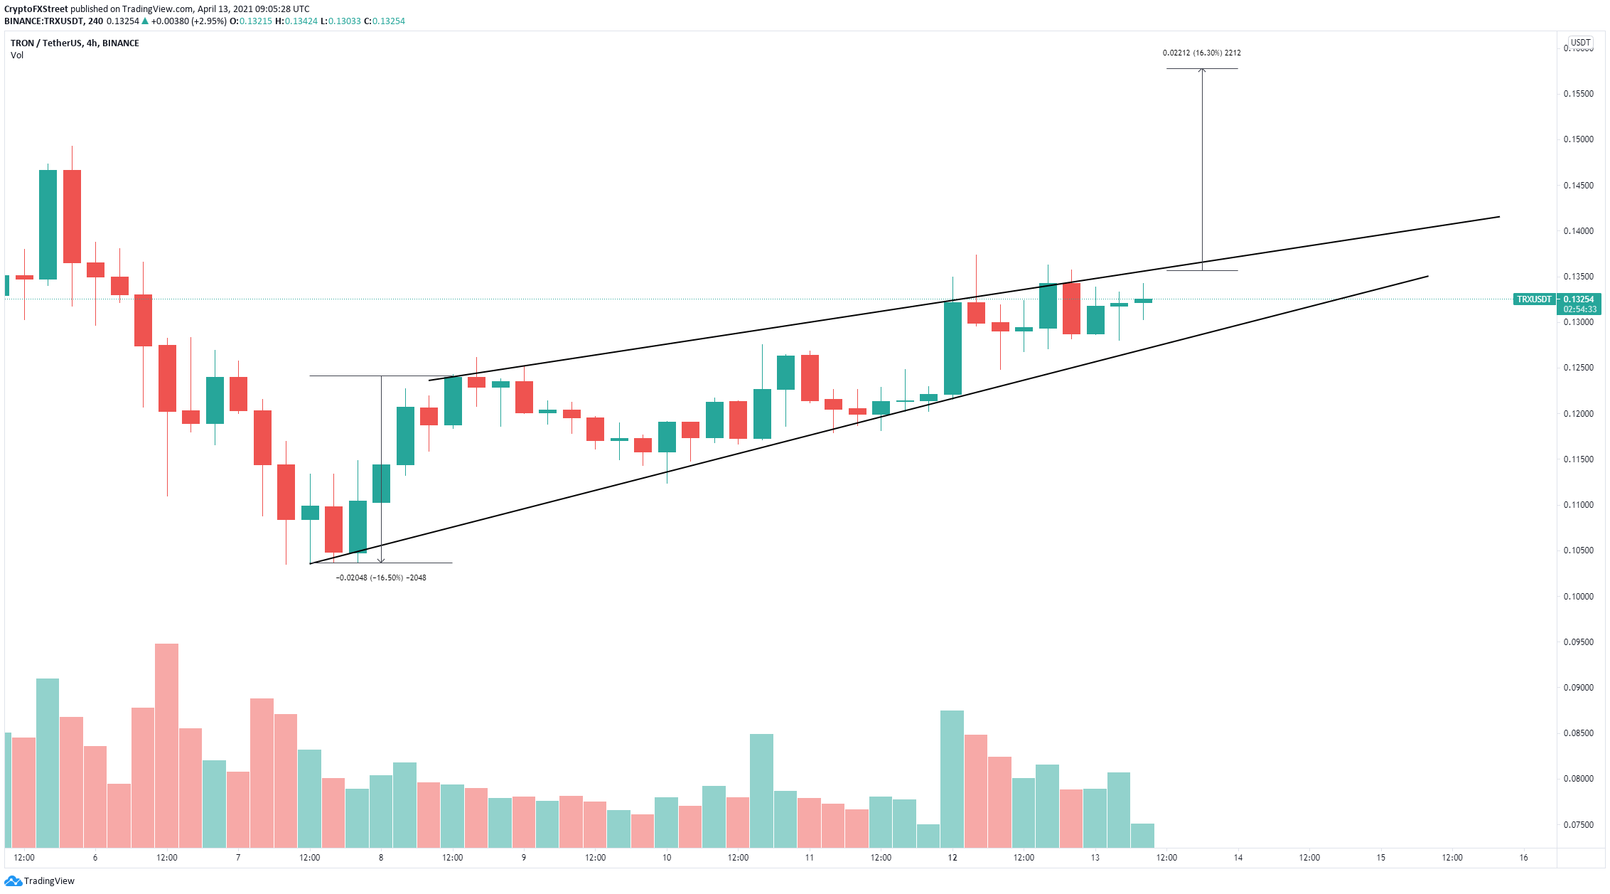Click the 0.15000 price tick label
pyautogui.click(x=1578, y=139)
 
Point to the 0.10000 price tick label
pyautogui.click(x=1578, y=597)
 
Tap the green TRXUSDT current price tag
pyautogui.click(x=1534, y=299)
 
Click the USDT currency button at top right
pyautogui.click(x=1580, y=43)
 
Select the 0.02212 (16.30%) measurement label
pyautogui.click(x=1201, y=53)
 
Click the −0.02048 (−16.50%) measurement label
pyautogui.click(x=381, y=578)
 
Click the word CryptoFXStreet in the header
pyautogui.click(x=36, y=9)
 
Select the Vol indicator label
pyautogui.click(x=17, y=55)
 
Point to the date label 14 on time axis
pyautogui.click(x=1238, y=858)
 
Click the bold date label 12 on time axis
pyautogui.click(x=952, y=858)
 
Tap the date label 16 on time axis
pyautogui.click(x=1523, y=858)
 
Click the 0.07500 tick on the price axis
pyautogui.click(x=1578, y=825)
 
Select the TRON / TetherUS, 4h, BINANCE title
pyautogui.click(x=75, y=43)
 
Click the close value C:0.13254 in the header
pyautogui.click(x=385, y=21)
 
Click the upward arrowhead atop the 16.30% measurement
pyautogui.click(x=1202, y=70)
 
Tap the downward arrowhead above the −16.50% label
pyautogui.click(x=381, y=560)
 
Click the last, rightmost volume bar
pyautogui.click(x=1142, y=835)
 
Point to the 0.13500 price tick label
pyautogui.click(x=1578, y=277)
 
